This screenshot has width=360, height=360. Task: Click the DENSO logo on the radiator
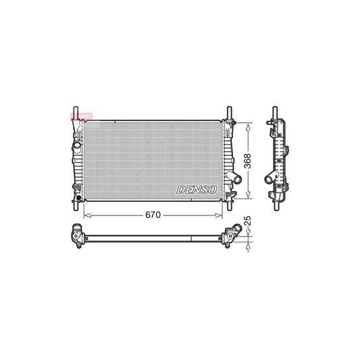pyautogui.click(x=196, y=190)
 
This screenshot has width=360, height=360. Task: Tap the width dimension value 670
pyautogui.click(x=152, y=215)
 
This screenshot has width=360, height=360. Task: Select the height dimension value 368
pyautogui.click(x=248, y=161)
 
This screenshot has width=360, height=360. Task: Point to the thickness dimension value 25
pyautogui.click(x=247, y=221)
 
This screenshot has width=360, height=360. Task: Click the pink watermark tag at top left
pyautogui.click(x=79, y=117)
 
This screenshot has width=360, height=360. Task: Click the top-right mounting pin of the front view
pyautogui.click(x=229, y=112)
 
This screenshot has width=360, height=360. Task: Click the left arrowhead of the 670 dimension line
pyautogui.click(x=85, y=215)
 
